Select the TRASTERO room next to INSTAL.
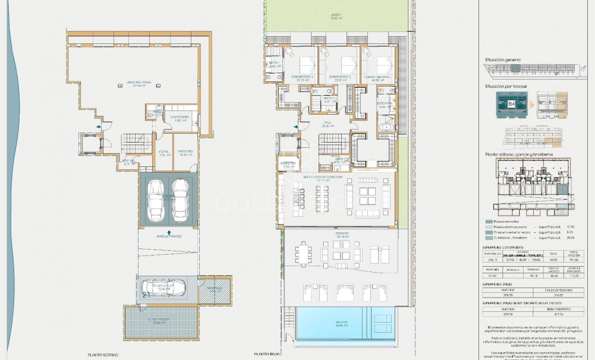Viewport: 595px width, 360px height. click(185, 151)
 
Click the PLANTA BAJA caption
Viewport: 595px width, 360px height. click(267, 355)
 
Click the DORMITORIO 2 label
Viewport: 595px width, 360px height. click(339, 78)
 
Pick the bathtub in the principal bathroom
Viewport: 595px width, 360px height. click(386, 128)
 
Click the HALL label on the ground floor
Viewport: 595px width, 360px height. click(325, 124)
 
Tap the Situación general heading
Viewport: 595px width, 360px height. click(502, 60)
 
